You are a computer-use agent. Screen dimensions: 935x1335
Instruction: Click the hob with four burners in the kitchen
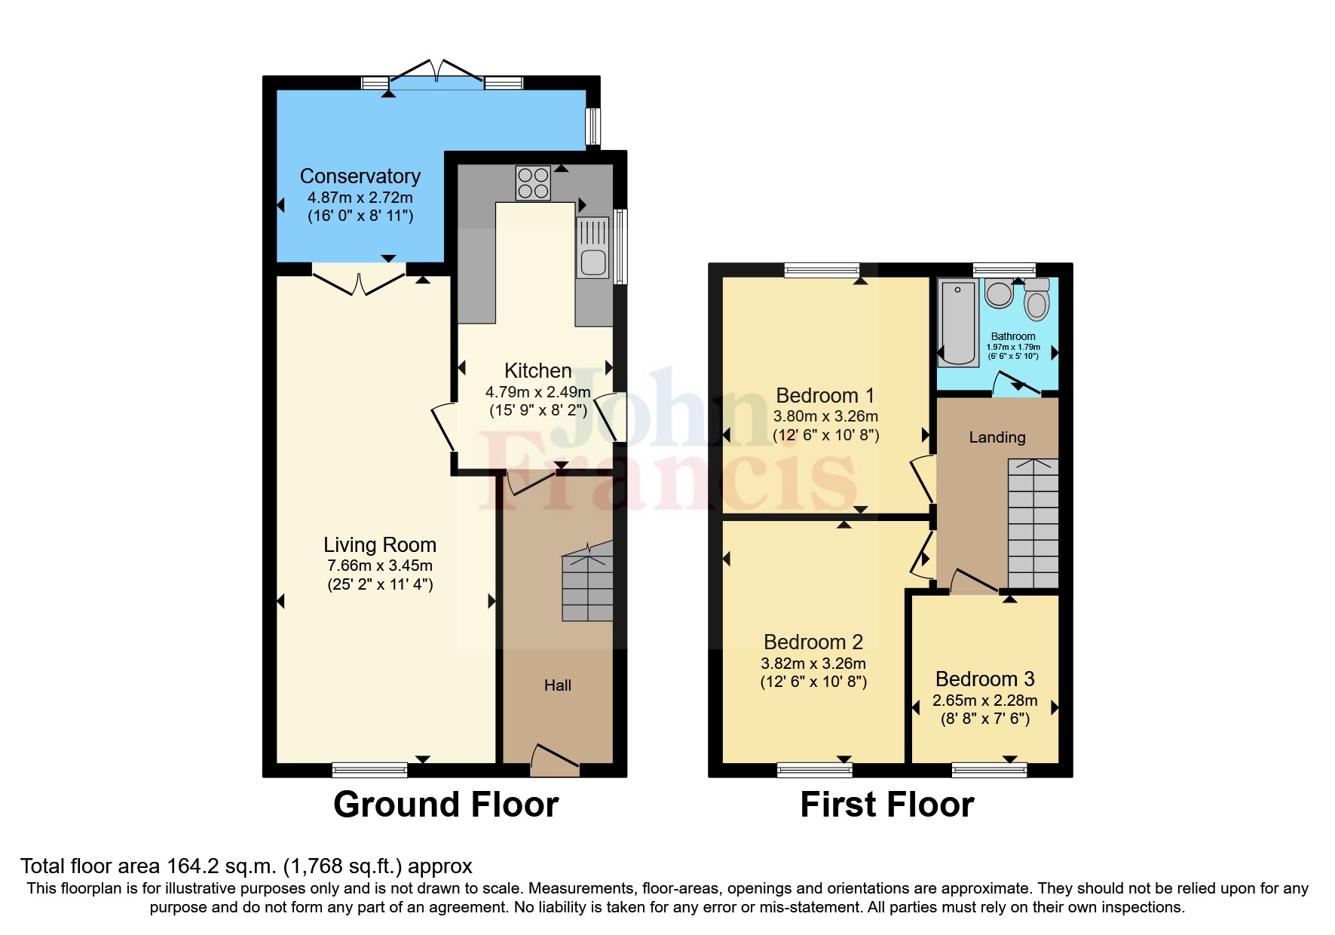pyautogui.click(x=533, y=183)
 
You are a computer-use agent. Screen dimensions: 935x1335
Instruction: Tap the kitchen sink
pyautogui.click(x=592, y=248)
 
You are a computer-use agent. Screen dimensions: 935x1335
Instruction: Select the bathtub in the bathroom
pyautogui.click(x=958, y=323)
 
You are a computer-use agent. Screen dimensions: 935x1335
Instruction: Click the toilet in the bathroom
pyautogui.click(x=1037, y=300)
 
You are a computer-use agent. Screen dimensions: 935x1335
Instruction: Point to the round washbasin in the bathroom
pyautogui.click(x=1000, y=294)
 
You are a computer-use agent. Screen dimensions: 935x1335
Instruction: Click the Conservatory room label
pyautogui.click(x=360, y=176)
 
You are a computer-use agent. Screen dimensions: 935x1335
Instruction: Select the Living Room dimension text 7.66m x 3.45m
pyautogui.click(x=380, y=566)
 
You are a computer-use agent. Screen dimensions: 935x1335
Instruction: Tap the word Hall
pyautogui.click(x=558, y=685)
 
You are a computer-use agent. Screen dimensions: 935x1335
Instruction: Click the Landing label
pyautogui.click(x=997, y=437)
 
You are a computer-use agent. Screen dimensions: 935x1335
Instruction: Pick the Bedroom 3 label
pyautogui.click(x=984, y=679)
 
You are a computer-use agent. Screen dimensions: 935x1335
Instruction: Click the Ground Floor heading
pyautogui.click(x=446, y=805)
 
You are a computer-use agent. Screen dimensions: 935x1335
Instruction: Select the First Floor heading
pyautogui.click(x=886, y=805)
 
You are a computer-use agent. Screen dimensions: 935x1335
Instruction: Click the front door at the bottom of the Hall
pyautogui.click(x=556, y=760)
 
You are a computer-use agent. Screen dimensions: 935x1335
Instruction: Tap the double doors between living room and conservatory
pyautogui.click(x=359, y=283)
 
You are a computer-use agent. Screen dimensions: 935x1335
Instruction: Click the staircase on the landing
pyautogui.click(x=1033, y=524)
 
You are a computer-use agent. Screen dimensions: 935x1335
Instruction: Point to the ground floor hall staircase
pyautogui.click(x=588, y=584)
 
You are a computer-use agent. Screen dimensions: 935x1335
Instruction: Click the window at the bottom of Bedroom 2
pyautogui.click(x=814, y=769)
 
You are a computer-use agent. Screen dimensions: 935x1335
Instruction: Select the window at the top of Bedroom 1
pyautogui.click(x=822, y=270)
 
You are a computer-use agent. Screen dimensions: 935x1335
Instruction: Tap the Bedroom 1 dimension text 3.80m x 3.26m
pyautogui.click(x=825, y=416)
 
